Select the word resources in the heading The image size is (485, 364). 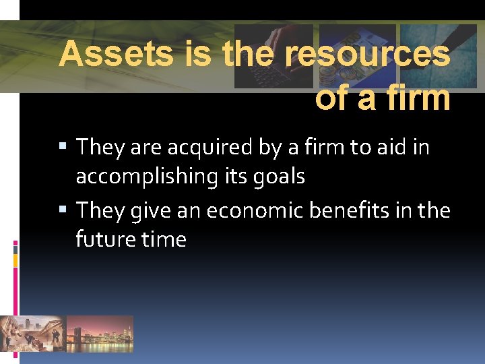pos(368,55)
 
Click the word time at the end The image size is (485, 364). pos(164,239)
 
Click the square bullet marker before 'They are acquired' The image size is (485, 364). pos(63,146)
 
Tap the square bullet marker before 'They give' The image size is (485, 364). pos(63,210)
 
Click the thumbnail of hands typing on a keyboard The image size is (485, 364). pos(273,56)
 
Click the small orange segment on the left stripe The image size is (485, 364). pos(15,260)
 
